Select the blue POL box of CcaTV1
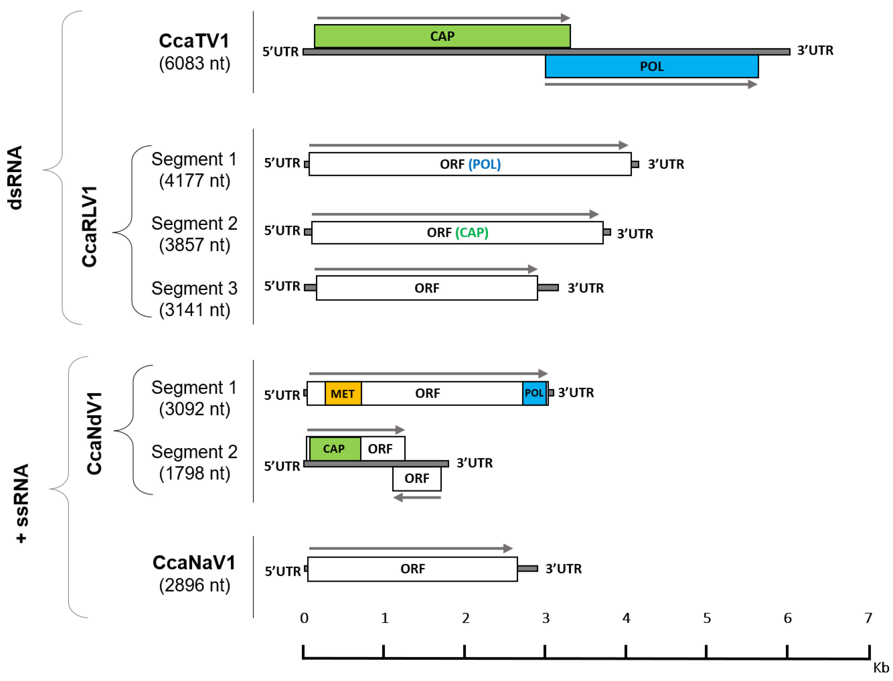(x=651, y=66)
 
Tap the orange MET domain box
(x=343, y=393)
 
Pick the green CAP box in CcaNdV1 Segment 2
(x=335, y=449)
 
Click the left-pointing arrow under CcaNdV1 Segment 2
(x=417, y=497)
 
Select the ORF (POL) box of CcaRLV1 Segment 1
(x=470, y=164)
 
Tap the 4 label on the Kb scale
(x=626, y=618)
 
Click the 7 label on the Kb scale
(x=868, y=618)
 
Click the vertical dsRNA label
(x=15, y=178)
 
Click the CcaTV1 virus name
(x=194, y=41)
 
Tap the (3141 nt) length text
(x=195, y=310)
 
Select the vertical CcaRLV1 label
(x=90, y=227)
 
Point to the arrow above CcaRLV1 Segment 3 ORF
(x=425, y=269)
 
